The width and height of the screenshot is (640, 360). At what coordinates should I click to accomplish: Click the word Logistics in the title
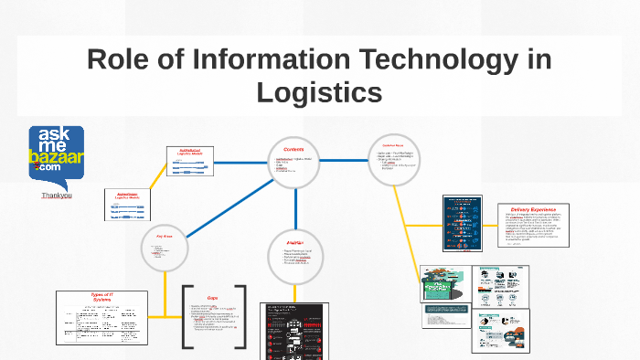point(319,92)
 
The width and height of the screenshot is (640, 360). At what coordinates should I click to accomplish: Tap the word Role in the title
point(119,60)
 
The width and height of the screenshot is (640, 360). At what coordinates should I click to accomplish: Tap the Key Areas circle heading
point(165,236)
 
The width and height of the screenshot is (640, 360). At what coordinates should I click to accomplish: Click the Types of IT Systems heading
point(101,298)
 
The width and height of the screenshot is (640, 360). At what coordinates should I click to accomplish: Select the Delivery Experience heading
point(533,208)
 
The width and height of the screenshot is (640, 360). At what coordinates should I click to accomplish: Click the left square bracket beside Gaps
point(187,317)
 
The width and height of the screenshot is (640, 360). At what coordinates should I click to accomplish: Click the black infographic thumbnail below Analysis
point(294,331)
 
